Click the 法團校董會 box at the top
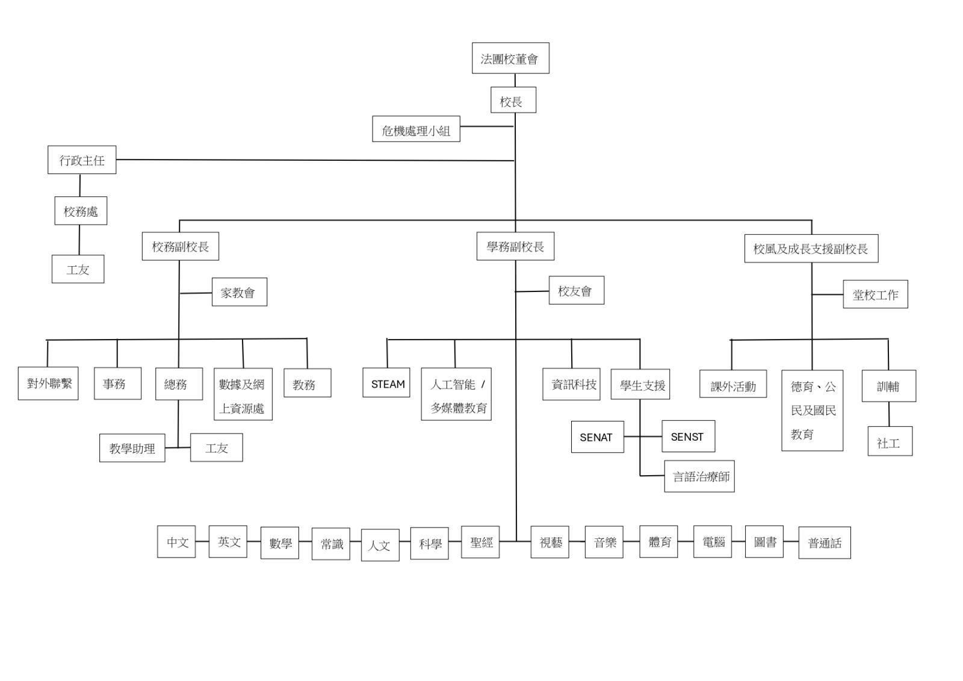coord(510,58)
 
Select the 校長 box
coord(513,100)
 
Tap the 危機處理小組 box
coord(416,129)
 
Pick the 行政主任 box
coord(82,160)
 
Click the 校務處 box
coord(81,211)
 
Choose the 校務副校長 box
coord(181,246)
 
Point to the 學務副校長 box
coord(515,246)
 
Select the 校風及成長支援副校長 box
coord(811,248)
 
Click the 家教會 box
coord(240,292)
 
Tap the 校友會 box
coord(577,290)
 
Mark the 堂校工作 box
coord(875,294)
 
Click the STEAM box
coord(386,382)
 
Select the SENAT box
coord(598,437)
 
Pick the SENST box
coord(689,436)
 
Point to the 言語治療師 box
coord(699,476)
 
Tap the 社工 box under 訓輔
coord(890,441)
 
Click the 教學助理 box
coord(132,448)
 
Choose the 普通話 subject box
coord(825,543)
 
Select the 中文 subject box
coord(176,542)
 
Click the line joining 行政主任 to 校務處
coord(80,185)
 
